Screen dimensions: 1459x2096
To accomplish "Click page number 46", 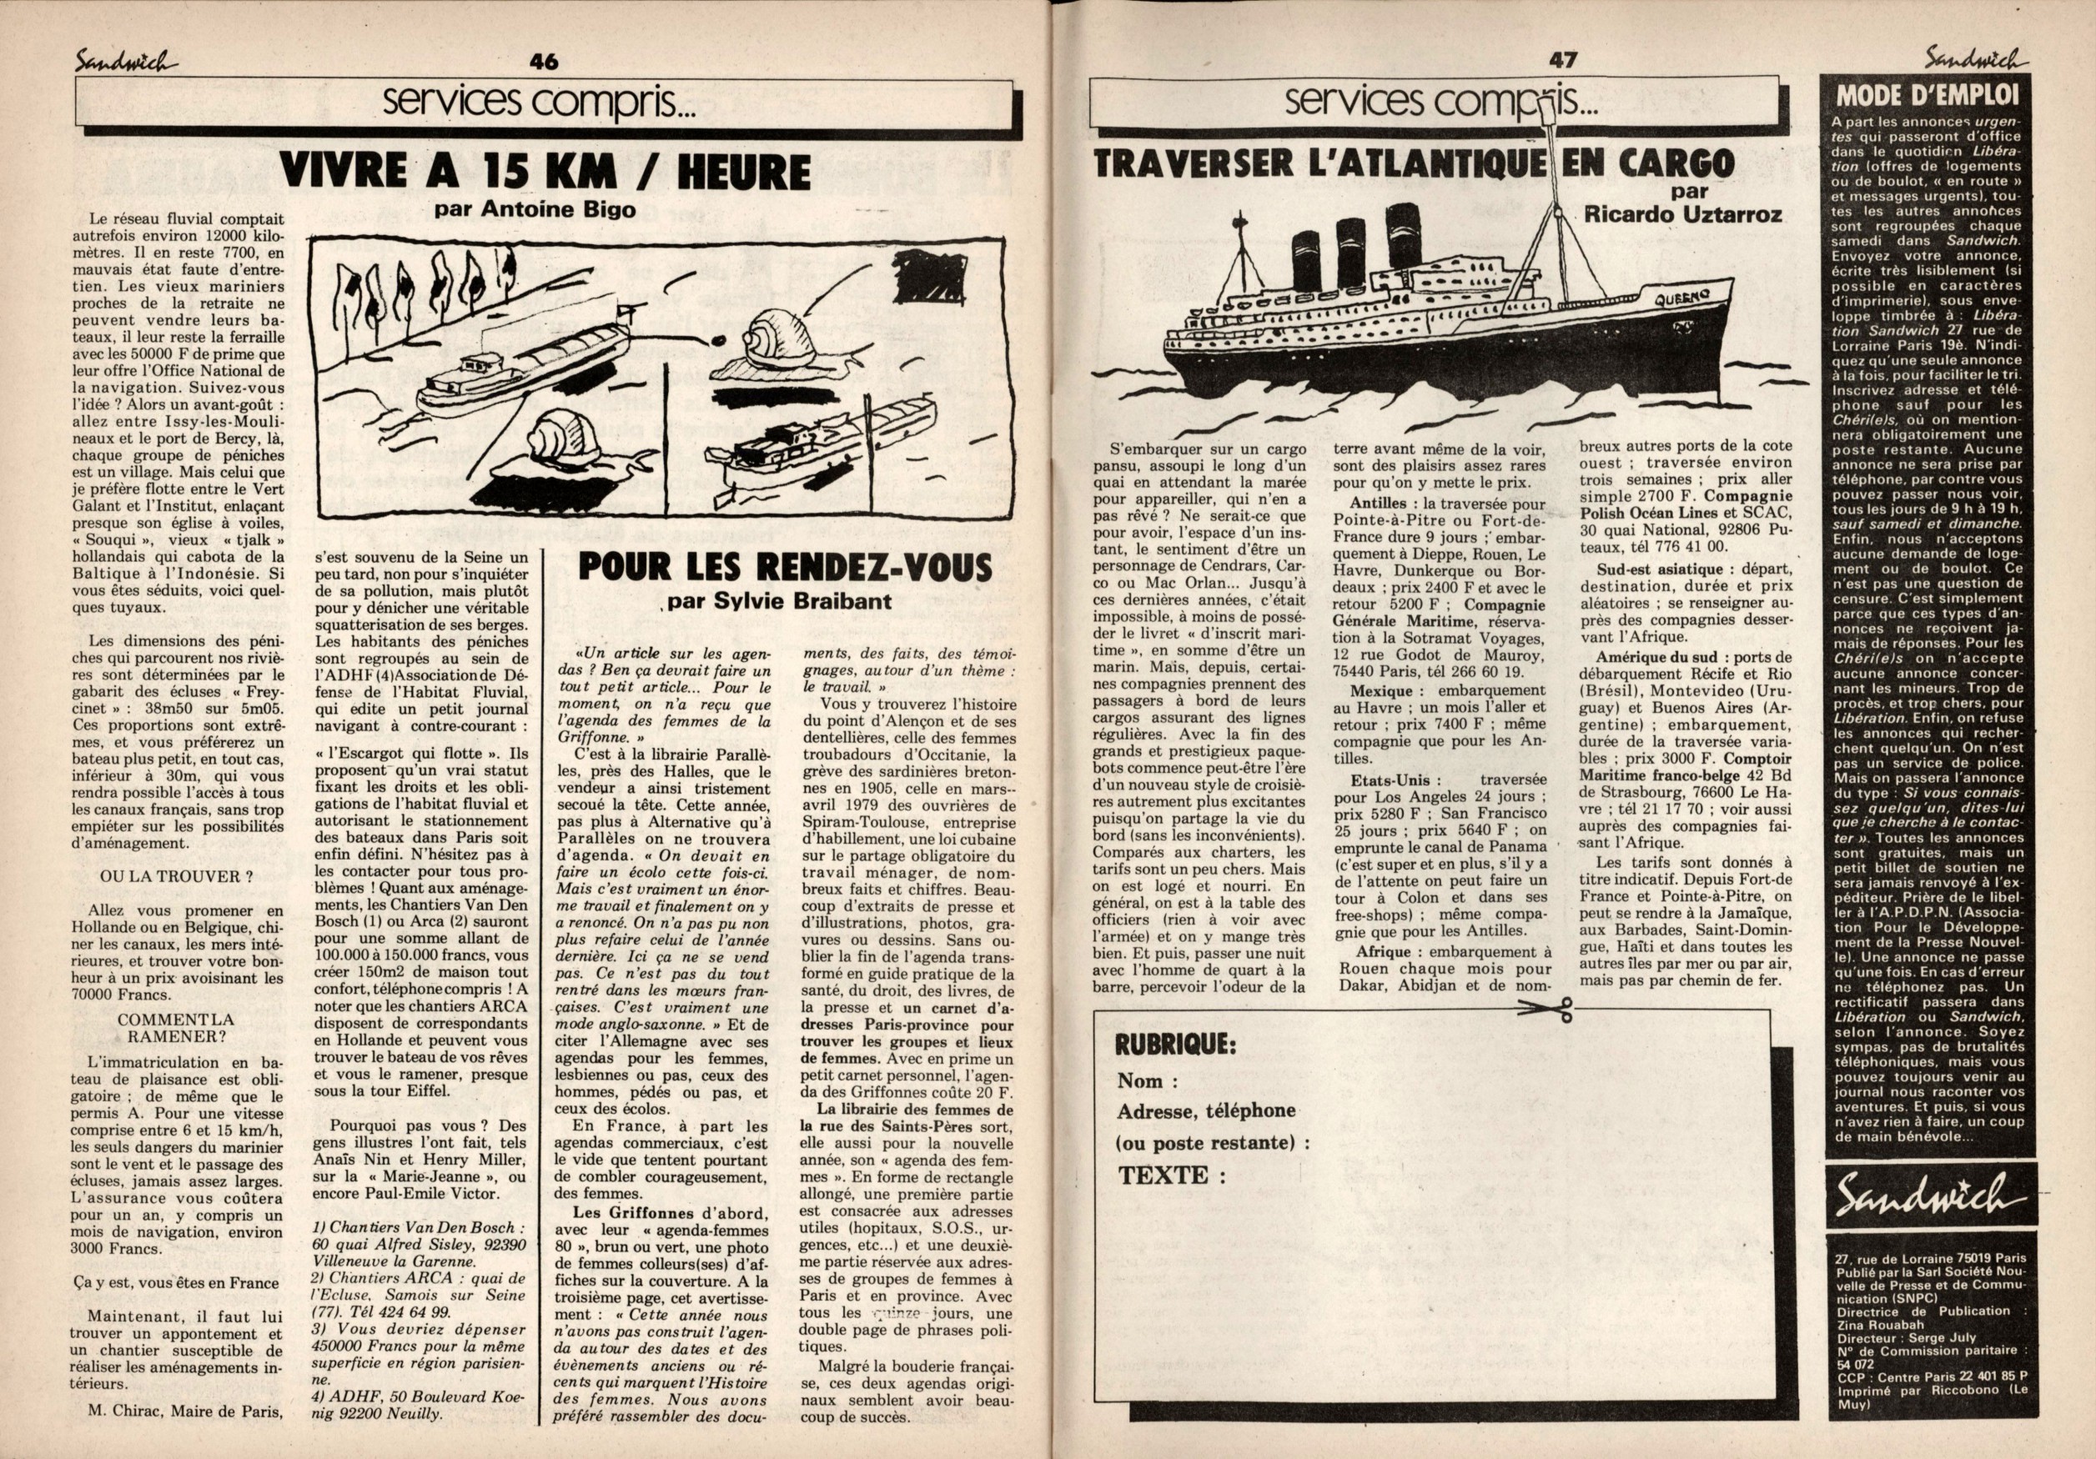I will [543, 62].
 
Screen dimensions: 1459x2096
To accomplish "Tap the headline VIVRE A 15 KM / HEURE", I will [545, 171].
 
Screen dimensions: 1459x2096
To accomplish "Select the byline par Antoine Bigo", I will [535, 209].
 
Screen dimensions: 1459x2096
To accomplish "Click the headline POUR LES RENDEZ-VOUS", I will [785, 568].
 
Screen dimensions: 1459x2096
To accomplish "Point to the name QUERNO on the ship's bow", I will [1681, 298].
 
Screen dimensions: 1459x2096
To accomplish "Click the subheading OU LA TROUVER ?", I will [171, 876].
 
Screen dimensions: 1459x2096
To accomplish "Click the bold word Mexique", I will [1384, 690].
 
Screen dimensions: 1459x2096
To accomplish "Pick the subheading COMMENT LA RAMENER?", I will [175, 1027].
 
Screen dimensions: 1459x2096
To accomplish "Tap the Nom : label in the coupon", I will [1147, 1081].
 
